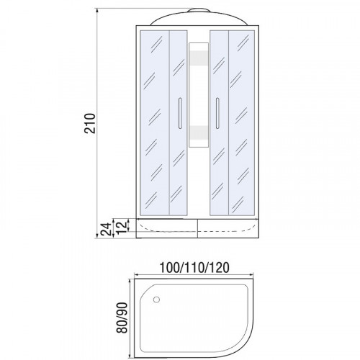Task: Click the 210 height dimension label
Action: coord(90,123)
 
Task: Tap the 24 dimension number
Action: coord(106,229)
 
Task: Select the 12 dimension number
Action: coord(121,228)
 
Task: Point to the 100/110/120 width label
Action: coord(194,267)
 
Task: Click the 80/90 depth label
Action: coord(122,318)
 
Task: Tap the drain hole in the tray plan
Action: coord(156,300)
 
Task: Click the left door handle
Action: coord(180,113)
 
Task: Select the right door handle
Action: coord(217,113)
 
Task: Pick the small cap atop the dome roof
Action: coord(199,10)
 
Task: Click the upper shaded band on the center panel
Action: coord(199,58)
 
